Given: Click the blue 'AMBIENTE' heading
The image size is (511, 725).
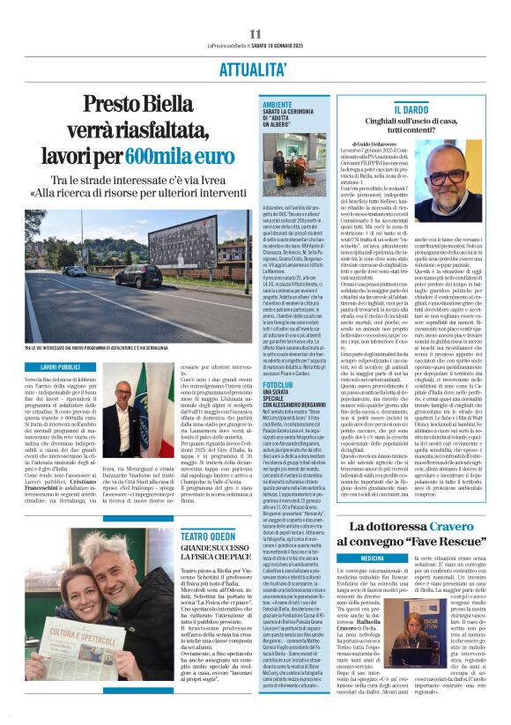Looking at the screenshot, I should pyautogui.click(x=278, y=104).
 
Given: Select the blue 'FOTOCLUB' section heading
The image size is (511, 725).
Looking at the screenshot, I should pyautogui.click(x=279, y=384).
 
